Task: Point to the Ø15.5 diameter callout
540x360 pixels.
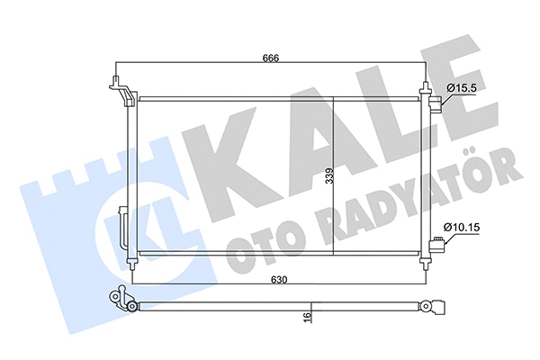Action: [x=461, y=87]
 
